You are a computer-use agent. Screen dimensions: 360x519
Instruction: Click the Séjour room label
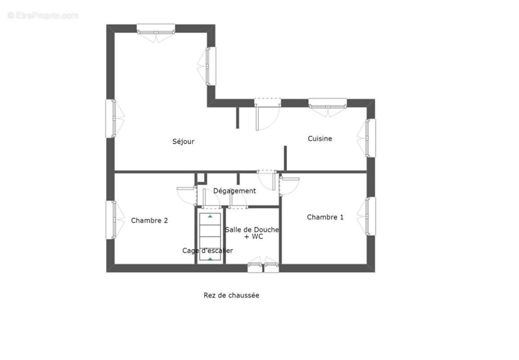(183, 141)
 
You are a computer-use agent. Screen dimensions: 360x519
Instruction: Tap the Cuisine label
(320, 139)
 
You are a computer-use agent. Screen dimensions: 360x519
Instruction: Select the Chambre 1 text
(325, 217)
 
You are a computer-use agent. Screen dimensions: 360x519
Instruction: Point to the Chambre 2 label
(149, 220)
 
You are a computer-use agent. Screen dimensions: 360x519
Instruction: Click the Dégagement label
(234, 191)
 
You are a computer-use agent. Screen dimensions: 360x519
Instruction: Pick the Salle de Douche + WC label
(252, 233)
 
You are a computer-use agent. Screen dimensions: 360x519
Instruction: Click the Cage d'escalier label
(207, 251)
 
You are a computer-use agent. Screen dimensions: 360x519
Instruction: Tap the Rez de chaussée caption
(231, 295)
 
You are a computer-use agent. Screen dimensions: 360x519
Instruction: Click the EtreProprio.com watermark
(43, 15)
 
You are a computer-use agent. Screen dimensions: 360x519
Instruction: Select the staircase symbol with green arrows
(210, 237)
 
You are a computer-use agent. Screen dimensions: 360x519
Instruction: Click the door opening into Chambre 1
(288, 184)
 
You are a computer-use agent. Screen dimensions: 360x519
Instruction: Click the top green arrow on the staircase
(210, 216)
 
